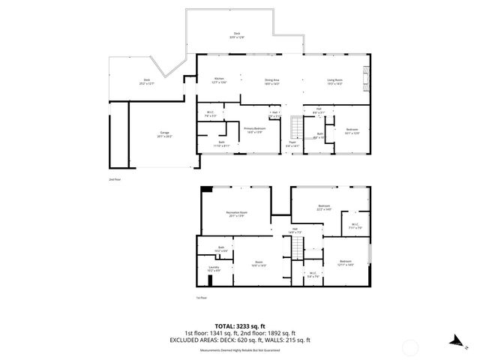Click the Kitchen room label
220,80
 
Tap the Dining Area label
271,80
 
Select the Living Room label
334,80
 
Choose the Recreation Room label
237,214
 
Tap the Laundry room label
213,268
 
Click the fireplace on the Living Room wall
366,76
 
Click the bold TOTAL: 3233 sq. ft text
239,325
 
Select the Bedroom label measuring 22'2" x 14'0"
324,208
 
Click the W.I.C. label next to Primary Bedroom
210,115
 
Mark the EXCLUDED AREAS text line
239,340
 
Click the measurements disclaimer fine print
239,350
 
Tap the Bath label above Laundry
221,249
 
